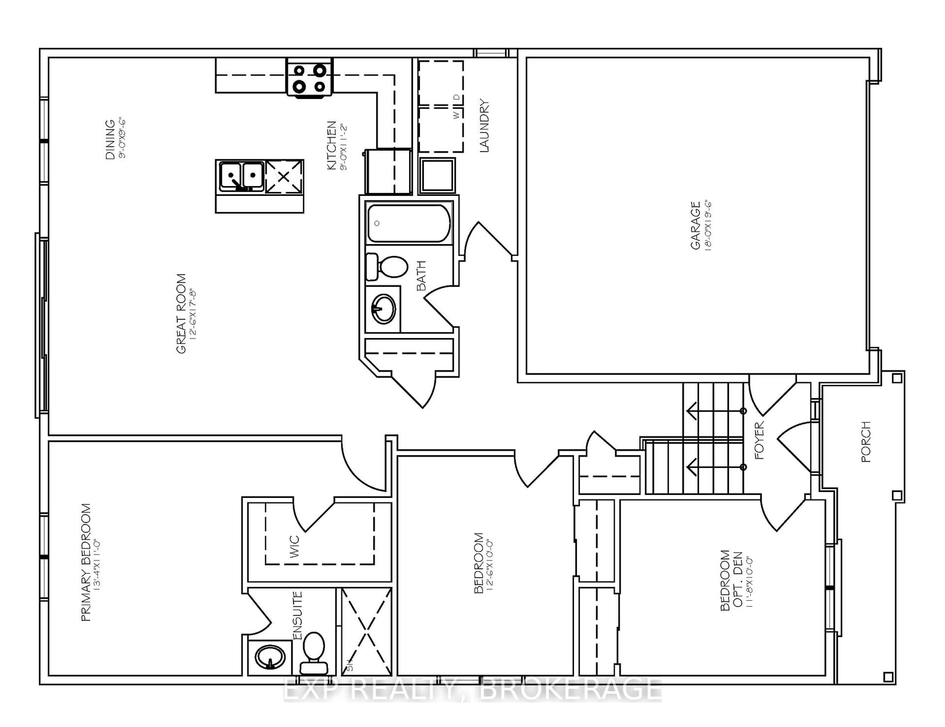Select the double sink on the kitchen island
coord(241,176)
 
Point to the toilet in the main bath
coord(387,267)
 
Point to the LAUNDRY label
coord(484,126)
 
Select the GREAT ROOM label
coord(181,314)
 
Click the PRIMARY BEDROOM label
coord(86,562)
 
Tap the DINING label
coord(110,139)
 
